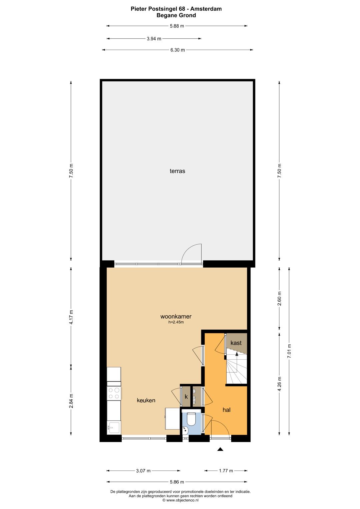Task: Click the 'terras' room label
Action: tap(177, 171)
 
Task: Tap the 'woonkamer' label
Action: tap(176, 316)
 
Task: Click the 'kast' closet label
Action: tap(236, 343)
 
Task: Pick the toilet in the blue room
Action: tap(191, 419)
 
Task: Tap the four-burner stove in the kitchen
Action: tap(114, 393)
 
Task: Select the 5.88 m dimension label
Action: tap(177, 26)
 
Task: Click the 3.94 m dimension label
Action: tap(154, 39)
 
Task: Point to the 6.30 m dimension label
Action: tap(177, 50)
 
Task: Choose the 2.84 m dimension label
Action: tap(71, 401)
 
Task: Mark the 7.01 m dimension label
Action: tap(289, 351)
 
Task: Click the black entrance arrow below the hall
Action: tap(220, 449)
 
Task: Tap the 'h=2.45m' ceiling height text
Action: tap(176, 322)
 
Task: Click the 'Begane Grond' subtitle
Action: tap(176, 15)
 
